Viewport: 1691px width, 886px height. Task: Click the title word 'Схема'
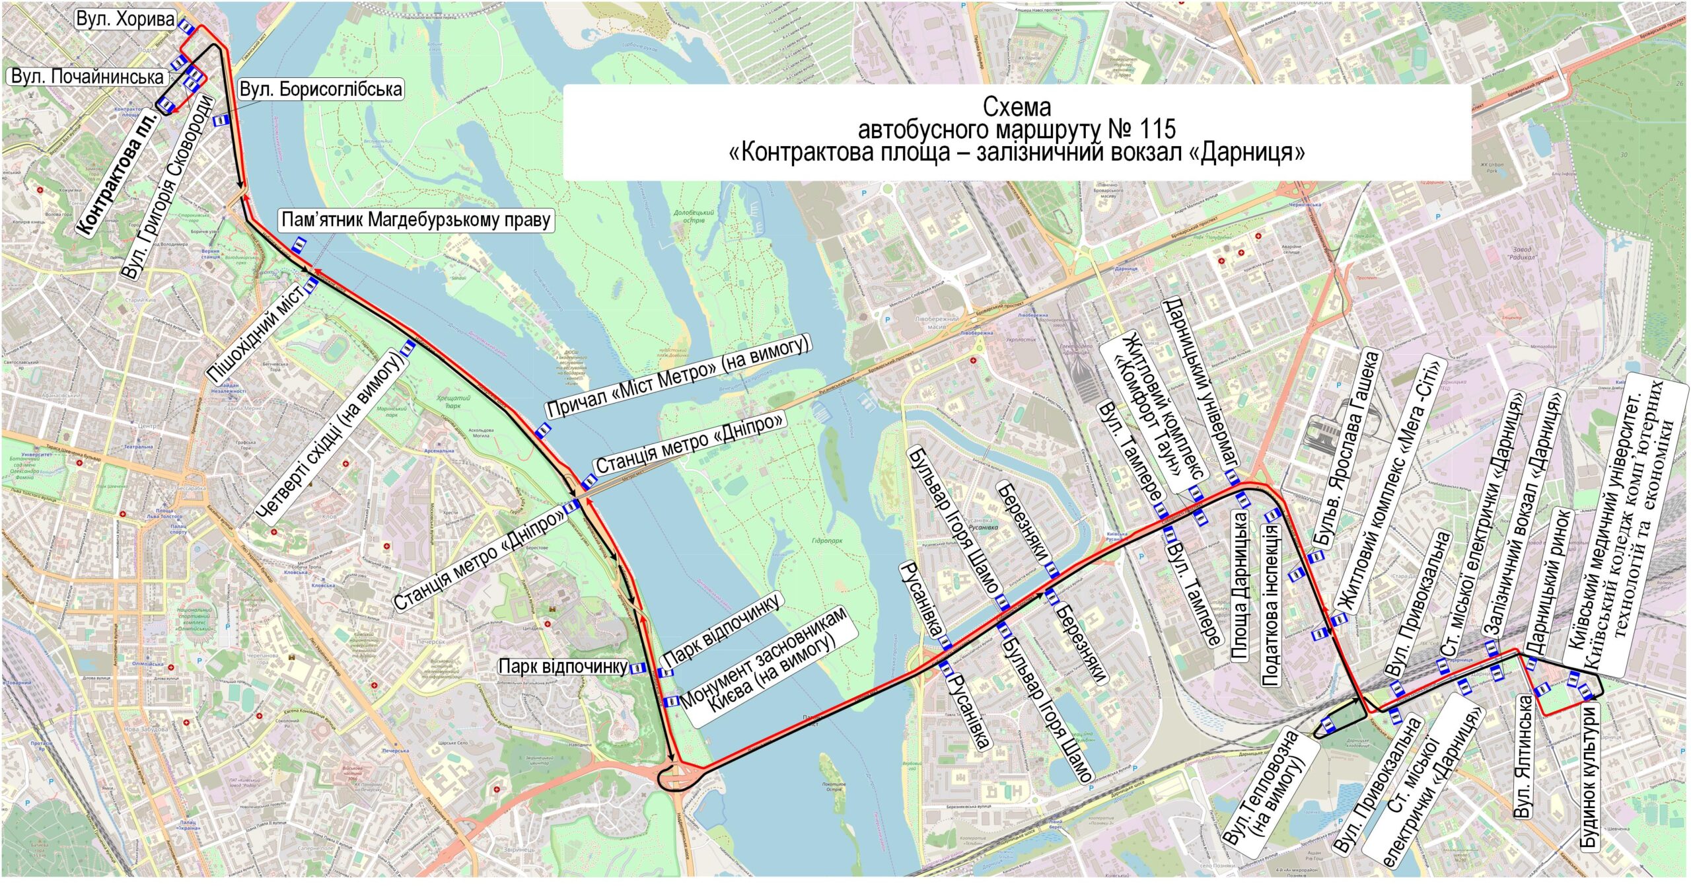pyautogui.click(x=1017, y=106)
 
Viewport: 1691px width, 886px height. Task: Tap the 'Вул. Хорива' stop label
pyautogui.click(x=125, y=19)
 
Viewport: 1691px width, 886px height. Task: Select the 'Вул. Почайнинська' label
pyautogui.click(x=87, y=77)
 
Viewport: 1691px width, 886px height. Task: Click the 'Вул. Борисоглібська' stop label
pyautogui.click(x=320, y=90)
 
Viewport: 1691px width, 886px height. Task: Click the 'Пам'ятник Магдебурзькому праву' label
pyautogui.click(x=416, y=220)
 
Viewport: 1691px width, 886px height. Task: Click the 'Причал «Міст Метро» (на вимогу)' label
pyautogui.click(x=678, y=376)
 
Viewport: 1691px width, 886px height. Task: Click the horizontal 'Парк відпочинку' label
pyautogui.click(x=563, y=667)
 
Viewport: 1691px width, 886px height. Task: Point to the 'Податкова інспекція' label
pyautogui.click(x=1271, y=604)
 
